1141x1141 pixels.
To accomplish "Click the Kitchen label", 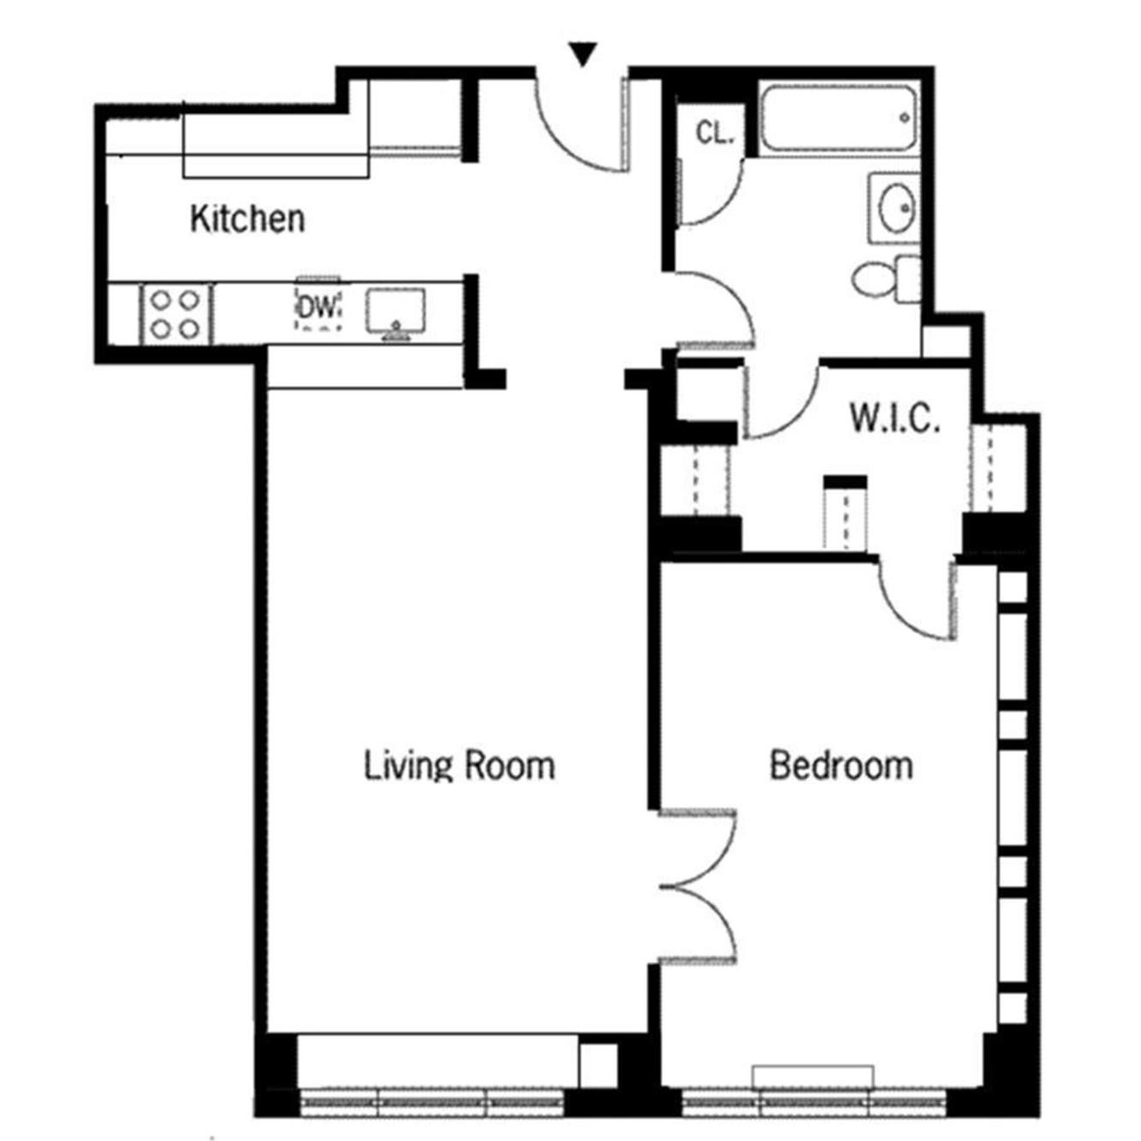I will click(247, 219).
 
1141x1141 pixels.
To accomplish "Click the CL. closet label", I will click(715, 133).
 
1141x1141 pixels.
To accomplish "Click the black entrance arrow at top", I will click(583, 55).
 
